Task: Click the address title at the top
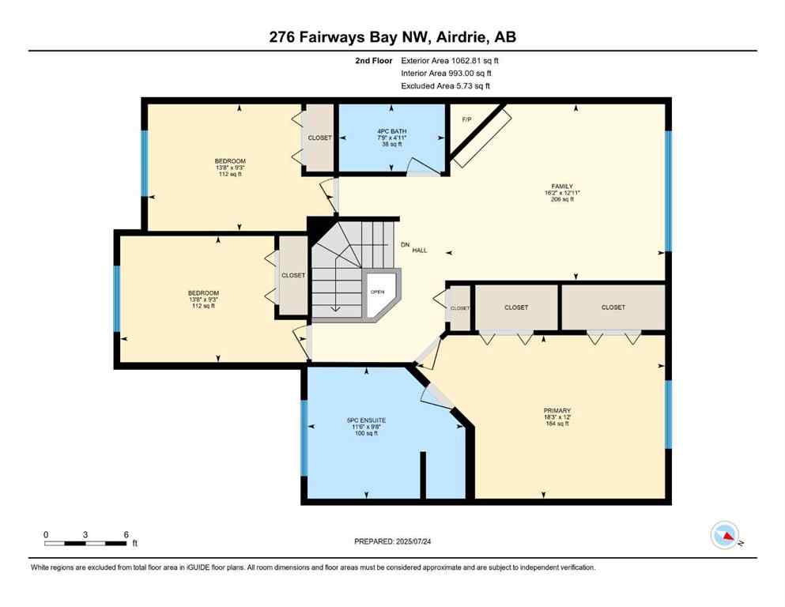pos(392,37)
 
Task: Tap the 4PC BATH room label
pos(391,131)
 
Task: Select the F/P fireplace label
pos(466,119)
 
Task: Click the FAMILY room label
pos(561,186)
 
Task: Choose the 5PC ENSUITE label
pos(365,420)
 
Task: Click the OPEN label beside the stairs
pos(378,291)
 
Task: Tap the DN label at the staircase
pos(406,244)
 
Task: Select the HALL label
pos(419,251)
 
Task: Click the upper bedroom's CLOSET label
pos(320,138)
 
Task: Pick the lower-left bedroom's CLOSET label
pos(293,275)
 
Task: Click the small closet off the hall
pos(459,307)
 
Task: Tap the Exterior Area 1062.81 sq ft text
pos(450,60)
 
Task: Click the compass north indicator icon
pos(725,536)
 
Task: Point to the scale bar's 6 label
pos(126,533)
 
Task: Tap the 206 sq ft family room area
pos(561,200)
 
